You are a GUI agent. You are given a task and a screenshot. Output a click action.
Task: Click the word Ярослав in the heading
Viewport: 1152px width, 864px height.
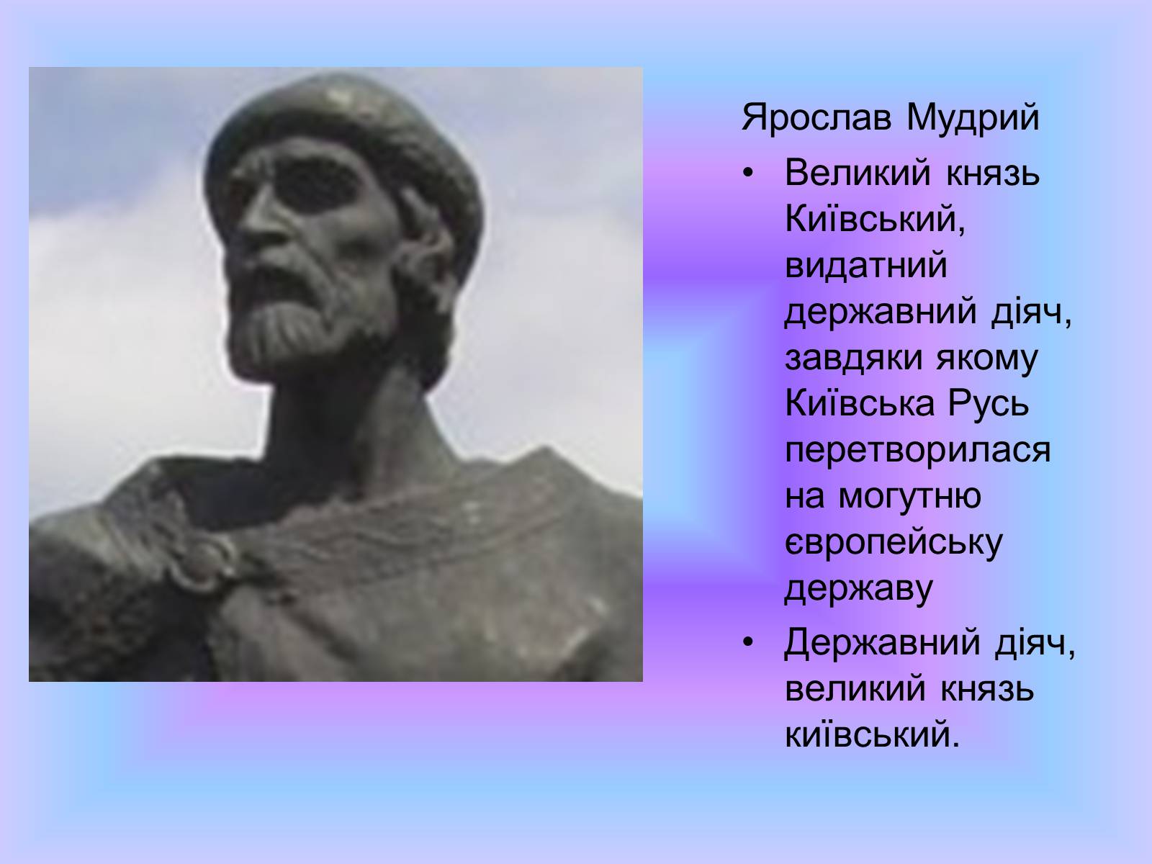click(816, 118)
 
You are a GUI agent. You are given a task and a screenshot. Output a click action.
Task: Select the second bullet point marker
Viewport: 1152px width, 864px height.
click(748, 642)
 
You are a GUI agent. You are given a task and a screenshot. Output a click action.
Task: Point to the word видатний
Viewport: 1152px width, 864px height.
click(866, 265)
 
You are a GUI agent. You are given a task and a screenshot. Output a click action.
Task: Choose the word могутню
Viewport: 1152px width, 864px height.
click(909, 496)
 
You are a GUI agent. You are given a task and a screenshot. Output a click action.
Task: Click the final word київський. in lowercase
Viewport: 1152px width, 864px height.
click(872, 734)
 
